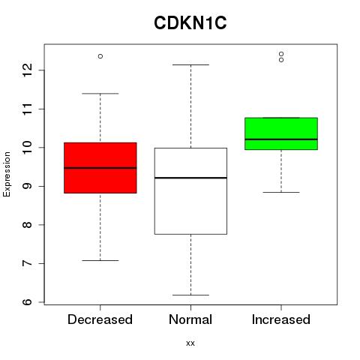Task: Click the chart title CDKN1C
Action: pyautogui.click(x=190, y=23)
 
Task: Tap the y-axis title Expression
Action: pyautogui.click(x=7, y=175)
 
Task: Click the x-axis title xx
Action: pyautogui.click(x=190, y=343)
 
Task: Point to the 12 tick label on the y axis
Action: pyautogui.click(x=28, y=70)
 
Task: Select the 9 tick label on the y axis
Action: pyautogui.click(x=28, y=186)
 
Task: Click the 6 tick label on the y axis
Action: pyautogui.click(x=28, y=302)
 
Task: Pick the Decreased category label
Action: pyautogui.click(x=100, y=319)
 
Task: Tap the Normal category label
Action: pyautogui.click(x=190, y=319)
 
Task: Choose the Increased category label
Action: pyautogui.click(x=281, y=319)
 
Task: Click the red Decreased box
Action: pyautogui.click(x=100, y=168)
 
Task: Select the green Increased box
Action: pyautogui.click(x=281, y=133)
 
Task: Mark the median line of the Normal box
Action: pyautogui.click(x=190, y=178)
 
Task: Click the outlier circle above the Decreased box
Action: pyautogui.click(x=100, y=56)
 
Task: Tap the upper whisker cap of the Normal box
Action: pyautogui.click(x=190, y=64)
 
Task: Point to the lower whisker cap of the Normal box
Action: pyautogui.click(x=190, y=295)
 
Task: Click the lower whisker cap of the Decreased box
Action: pyautogui.click(x=100, y=260)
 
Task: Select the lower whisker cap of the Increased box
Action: pyautogui.click(x=281, y=192)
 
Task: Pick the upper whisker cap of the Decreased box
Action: pyautogui.click(x=100, y=94)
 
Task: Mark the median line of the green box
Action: pyautogui.click(x=281, y=139)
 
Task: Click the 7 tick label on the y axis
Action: pyautogui.click(x=28, y=263)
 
